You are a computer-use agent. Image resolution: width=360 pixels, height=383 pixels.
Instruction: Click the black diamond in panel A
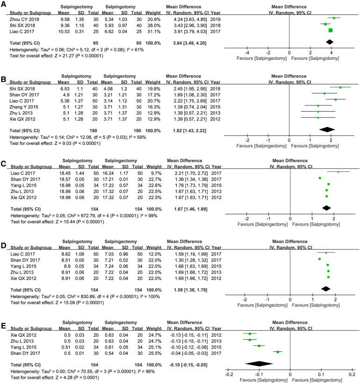330,43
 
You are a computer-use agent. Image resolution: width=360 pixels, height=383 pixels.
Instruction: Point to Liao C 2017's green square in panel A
331,30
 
